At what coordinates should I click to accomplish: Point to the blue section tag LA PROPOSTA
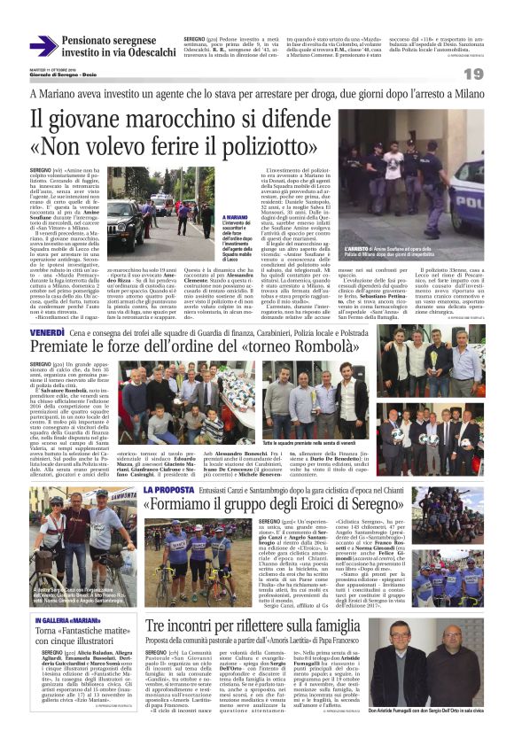(180, 488)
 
